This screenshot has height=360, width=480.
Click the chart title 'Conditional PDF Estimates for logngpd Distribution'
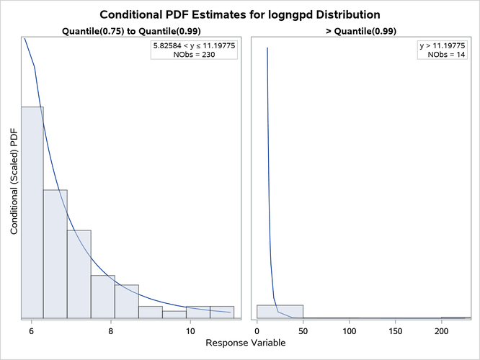click(240, 14)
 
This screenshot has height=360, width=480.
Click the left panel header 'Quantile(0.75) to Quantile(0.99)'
click(130, 32)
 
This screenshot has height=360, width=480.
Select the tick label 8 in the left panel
click(111, 330)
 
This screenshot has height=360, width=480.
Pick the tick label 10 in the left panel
click(190, 330)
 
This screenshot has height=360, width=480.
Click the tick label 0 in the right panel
click(257, 330)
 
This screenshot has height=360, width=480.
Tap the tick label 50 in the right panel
click(303, 330)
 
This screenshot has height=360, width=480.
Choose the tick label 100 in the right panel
click(350, 330)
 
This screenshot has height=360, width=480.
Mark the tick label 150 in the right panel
click(396, 330)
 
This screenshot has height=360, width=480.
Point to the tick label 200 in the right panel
click(442, 330)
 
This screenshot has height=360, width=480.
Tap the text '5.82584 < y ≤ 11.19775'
click(194, 45)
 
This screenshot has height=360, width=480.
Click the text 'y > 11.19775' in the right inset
click(443, 45)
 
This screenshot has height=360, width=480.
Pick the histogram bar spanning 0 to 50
click(280, 311)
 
